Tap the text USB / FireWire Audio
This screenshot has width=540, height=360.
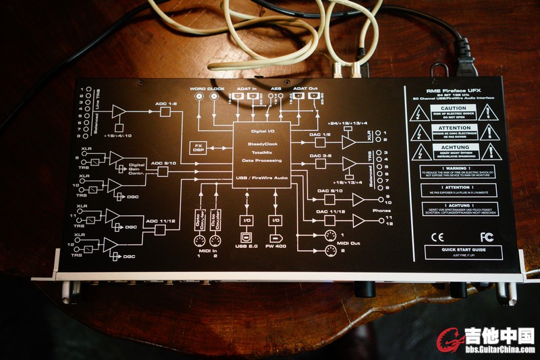click(x=261, y=176)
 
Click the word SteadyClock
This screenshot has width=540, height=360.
click(x=261, y=143)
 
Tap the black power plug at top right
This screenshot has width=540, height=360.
click(x=464, y=51)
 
